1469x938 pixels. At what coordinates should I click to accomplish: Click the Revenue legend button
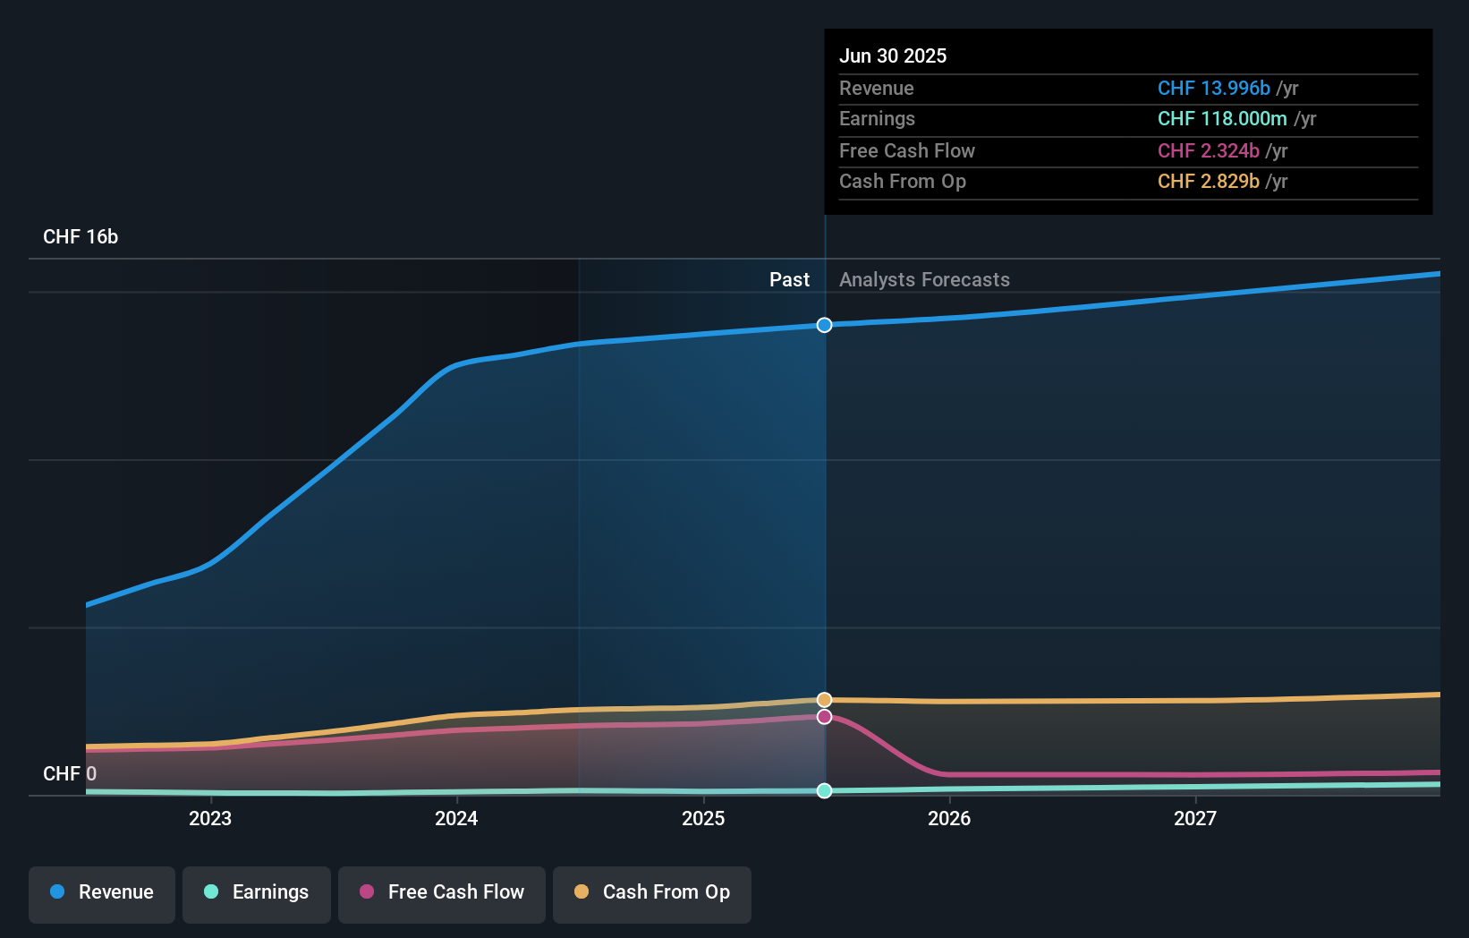(x=102, y=893)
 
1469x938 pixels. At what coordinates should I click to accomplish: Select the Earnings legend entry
(x=257, y=893)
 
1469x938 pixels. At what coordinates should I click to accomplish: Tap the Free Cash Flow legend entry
(x=442, y=893)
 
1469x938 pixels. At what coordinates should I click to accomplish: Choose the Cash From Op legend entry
(x=652, y=893)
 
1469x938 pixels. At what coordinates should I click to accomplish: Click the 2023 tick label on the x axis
(x=210, y=819)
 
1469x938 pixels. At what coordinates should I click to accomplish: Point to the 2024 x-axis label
(x=456, y=819)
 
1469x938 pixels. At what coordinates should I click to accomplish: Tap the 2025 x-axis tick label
(x=703, y=819)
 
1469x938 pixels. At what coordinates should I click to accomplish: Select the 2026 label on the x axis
(x=949, y=819)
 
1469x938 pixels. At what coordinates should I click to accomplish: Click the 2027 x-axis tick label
(x=1195, y=819)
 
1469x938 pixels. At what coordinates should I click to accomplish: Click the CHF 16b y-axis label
(x=81, y=237)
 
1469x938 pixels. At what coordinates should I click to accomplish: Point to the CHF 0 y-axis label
(x=70, y=774)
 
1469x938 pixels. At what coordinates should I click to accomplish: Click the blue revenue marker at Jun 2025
(x=825, y=325)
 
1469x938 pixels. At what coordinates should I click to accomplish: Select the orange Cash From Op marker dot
(x=825, y=700)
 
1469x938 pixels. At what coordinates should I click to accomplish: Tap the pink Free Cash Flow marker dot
(x=825, y=717)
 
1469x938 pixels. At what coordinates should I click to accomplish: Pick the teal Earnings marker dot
(x=825, y=790)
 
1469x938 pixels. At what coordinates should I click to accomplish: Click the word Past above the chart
(x=789, y=280)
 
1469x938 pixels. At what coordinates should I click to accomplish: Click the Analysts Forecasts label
(x=924, y=280)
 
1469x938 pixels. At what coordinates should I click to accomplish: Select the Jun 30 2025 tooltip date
(x=893, y=56)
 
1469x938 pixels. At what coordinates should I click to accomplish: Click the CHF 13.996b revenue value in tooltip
(x=1213, y=89)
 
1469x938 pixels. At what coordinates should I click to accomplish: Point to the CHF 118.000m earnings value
(x=1222, y=119)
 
